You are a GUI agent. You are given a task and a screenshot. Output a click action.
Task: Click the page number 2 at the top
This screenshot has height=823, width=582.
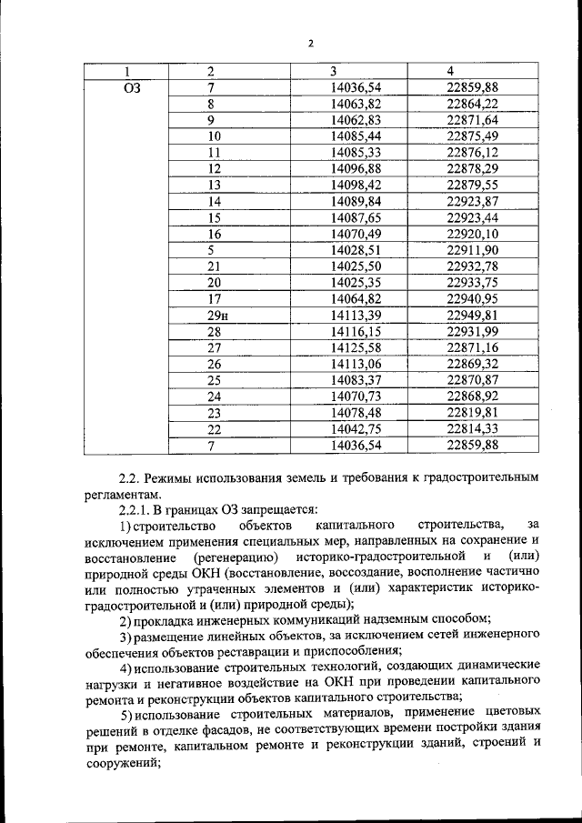click(310, 44)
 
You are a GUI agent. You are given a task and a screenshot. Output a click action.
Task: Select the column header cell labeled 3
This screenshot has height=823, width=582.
click(334, 72)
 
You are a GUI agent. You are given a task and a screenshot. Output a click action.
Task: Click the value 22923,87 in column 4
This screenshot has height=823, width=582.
click(473, 201)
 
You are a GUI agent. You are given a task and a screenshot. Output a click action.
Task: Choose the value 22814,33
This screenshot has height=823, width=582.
click(473, 428)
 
